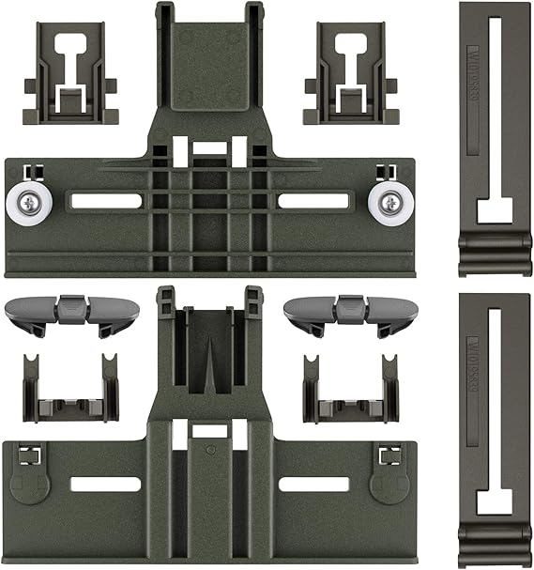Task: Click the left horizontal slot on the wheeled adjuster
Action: (x=104, y=201)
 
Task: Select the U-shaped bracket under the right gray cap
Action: (x=345, y=390)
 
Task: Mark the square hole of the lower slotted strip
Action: (x=494, y=501)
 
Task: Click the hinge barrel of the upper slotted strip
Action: (x=494, y=254)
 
